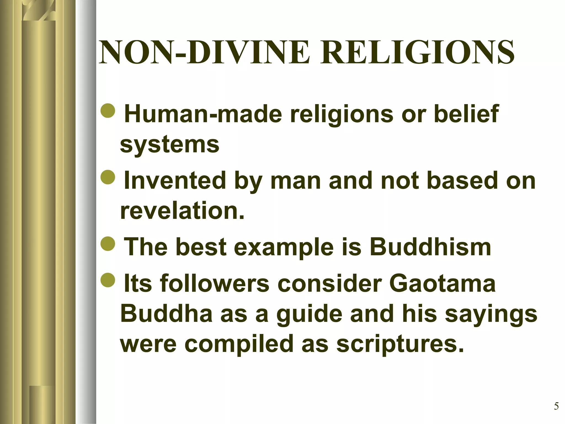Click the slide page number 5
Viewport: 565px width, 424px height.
pyautogui.click(x=556, y=406)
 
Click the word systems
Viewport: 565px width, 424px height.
pyautogui.click(x=170, y=145)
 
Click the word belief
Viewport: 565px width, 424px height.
pyautogui.click(x=466, y=114)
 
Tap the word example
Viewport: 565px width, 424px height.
pyautogui.click(x=284, y=247)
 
